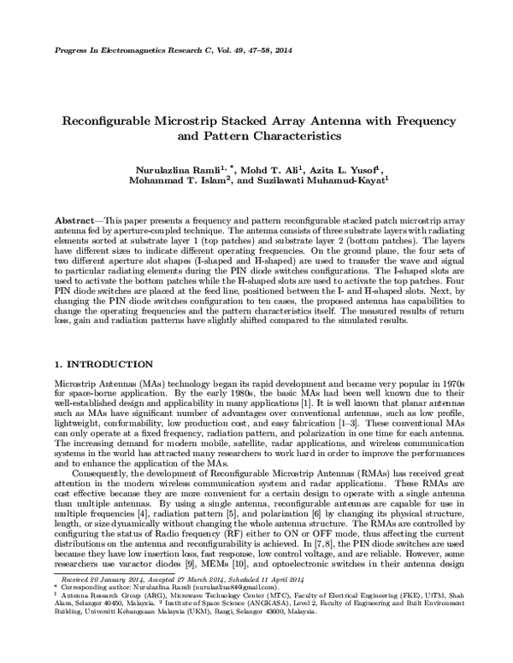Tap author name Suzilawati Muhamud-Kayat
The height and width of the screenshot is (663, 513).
coord(334,181)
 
